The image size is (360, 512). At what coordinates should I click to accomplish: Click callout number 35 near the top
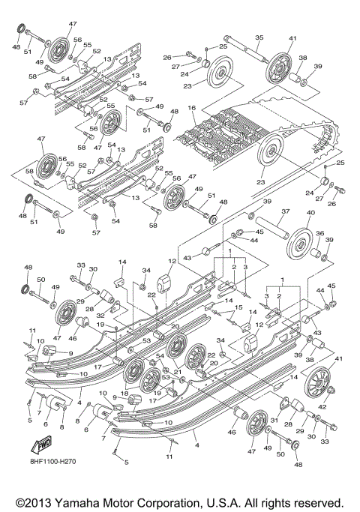click(x=259, y=37)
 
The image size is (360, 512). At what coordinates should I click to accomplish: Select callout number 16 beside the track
click(x=192, y=109)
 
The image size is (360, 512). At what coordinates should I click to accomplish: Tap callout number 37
click(x=285, y=212)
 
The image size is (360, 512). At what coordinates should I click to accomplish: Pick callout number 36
click(x=319, y=235)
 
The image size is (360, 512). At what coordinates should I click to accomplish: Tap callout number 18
click(x=124, y=393)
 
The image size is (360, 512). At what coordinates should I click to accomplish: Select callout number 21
click(x=177, y=373)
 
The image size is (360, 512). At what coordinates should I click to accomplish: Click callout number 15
click(x=239, y=307)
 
